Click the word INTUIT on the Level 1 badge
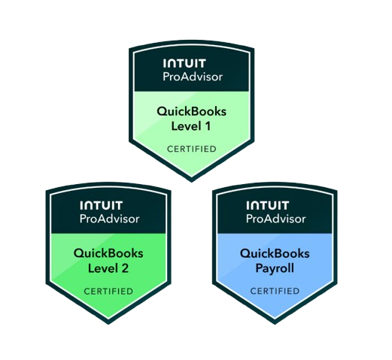[x=184, y=63]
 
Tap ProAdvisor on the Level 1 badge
[x=193, y=77]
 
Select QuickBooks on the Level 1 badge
[x=192, y=112]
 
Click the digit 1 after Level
[x=208, y=126]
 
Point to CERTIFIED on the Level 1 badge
[x=192, y=149]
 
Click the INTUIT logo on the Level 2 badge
[x=101, y=205]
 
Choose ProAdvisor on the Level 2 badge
[x=109, y=219]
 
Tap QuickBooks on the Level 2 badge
[x=108, y=254]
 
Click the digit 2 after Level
[x=125, y=268]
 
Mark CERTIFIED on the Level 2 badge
[x=108, y=292]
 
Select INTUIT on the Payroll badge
[x=268, y=205]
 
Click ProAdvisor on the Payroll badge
[x=276, y=219]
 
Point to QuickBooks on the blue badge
[x=275, y=254]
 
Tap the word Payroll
[x=275, y=269]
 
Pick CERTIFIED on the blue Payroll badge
[x=275, y=291]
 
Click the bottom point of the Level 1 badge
[x=192, y=182]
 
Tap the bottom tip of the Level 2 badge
[x=108, y=324]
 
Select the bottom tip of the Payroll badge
[x=275, y=324]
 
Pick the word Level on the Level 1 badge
[x=186, y=126]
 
